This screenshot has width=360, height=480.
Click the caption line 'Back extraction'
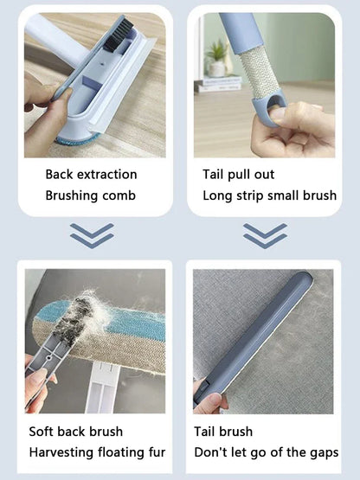91,175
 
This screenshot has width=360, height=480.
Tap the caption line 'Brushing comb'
90,195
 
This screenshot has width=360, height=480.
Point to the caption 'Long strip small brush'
269,195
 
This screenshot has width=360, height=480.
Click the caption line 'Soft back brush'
76,431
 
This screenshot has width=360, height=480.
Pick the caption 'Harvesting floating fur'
97,451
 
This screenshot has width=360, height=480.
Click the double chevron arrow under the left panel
92,234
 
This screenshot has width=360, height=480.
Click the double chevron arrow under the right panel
265,234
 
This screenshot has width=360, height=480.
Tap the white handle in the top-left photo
52,39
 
